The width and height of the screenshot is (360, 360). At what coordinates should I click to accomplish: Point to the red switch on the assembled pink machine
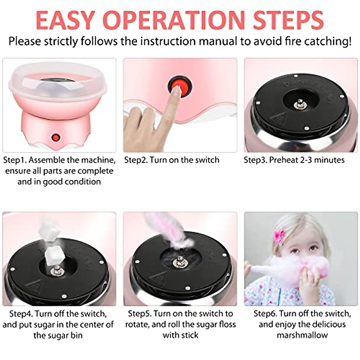(55, 138)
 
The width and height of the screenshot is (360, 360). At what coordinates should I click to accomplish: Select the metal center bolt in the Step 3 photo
(299, 104)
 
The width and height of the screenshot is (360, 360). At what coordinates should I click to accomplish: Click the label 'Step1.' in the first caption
(15, 160)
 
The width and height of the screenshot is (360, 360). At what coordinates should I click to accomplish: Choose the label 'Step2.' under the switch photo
(136, 160)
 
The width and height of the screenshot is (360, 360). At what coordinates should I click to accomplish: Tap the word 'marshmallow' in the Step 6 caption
(302, 335)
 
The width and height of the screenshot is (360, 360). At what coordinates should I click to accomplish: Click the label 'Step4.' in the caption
(21, 314)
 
